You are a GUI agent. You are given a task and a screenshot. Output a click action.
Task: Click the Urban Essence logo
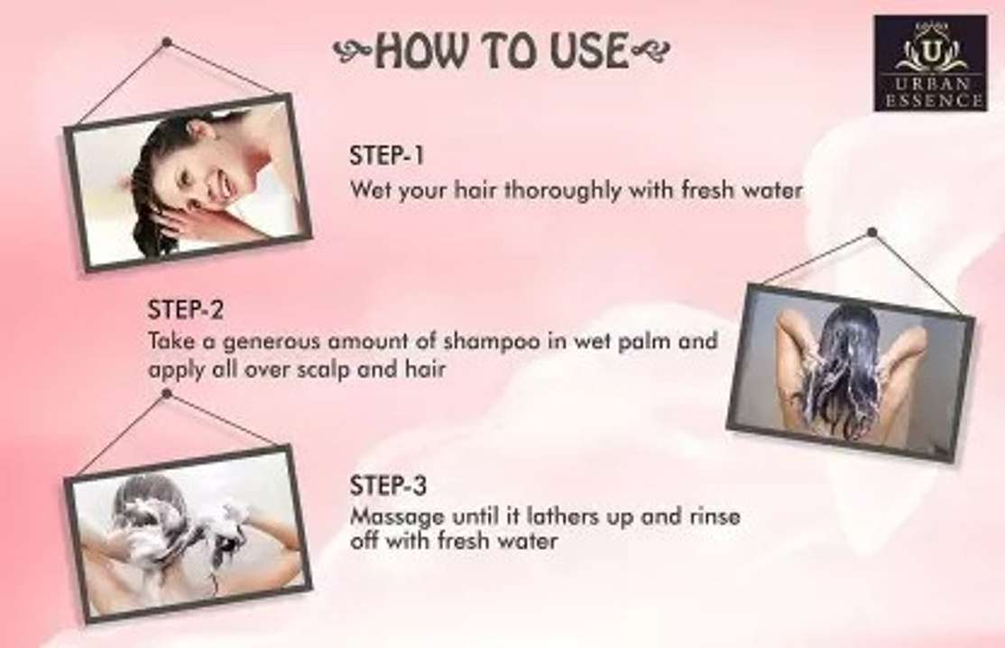[930, 63]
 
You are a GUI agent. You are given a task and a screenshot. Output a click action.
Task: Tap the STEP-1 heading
[386, 156]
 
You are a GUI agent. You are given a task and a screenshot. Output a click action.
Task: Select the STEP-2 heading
[186, 310]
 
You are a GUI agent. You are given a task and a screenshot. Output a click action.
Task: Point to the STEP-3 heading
[388, 486]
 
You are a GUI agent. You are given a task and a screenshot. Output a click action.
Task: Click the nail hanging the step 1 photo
[167, 42]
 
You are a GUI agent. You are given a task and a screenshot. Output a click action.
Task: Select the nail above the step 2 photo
[871, 232]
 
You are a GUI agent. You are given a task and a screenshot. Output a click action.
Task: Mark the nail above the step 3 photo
[167, 393]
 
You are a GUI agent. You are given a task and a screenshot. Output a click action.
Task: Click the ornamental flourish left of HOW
[353, 51]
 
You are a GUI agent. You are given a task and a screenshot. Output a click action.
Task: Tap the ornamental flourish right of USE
[650, 50]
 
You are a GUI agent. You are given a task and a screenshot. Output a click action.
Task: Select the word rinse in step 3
[715, 516]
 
